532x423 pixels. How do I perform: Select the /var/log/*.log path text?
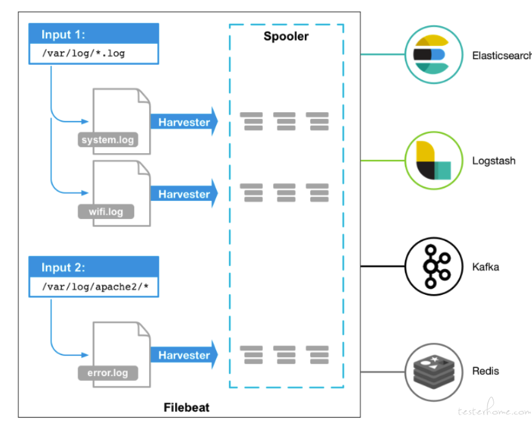tap(84, 53)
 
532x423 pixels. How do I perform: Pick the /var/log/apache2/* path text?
tap(95, 287)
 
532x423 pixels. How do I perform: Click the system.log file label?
tap(108, 140)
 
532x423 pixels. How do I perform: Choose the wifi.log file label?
tap(106, 211)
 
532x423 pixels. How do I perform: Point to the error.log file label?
tap(108, 373)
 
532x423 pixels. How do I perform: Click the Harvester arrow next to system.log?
tap(184, 121)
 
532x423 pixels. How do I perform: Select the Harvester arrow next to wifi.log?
tap(184, 193)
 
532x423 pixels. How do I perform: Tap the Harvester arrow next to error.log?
tap(184, 355)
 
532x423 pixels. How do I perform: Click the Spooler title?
tap(286, 36)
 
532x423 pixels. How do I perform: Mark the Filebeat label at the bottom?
tap(186, 407)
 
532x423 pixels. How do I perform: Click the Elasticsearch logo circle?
tap(434, 54)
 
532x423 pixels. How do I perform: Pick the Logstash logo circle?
tap(434, 161)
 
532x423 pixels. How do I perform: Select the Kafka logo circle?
tap(434, 266)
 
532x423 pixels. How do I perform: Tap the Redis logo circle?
tap(434, 372)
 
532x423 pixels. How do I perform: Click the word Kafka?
tap(486, 267)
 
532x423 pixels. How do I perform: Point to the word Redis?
tap(486, 371)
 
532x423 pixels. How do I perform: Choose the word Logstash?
tap(494, 161)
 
